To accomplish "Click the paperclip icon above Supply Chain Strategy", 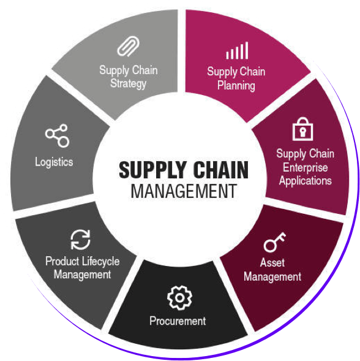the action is pos(128,47).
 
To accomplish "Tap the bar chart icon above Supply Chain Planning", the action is pos(237,50).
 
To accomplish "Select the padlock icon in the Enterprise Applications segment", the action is pos(302,129).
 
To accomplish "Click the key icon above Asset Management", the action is pos(275,242).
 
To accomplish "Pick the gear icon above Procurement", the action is pos(179,298).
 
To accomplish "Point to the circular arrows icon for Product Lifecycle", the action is pos(80,240).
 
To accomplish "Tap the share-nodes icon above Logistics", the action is pos(57,135).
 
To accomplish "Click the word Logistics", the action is pos(54,162).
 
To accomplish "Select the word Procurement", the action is pos(178,321).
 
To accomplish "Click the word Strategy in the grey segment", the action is pos(128,84).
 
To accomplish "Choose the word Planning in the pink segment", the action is pos(236,86).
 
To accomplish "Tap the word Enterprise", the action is pos(306,167).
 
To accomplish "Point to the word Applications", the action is pos(306,181).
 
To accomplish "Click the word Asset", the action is pos(272,263).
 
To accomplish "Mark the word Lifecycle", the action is pos(101,262).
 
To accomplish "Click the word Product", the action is pos(62,261).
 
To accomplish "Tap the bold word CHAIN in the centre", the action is pos(220,170).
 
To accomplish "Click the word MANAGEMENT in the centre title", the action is pos(184,191).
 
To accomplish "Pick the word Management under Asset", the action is pos(272,277).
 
